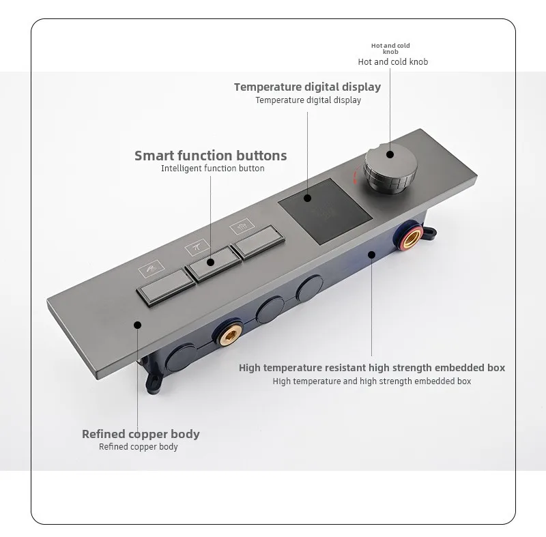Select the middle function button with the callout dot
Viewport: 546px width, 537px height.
point(210,261)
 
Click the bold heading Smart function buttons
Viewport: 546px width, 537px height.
point(210,156)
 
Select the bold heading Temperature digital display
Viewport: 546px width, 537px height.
point(307,87)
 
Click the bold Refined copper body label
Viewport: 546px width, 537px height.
point(141,434)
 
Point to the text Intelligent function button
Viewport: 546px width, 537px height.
point(212,169)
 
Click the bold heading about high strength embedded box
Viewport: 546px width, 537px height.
point(372,368)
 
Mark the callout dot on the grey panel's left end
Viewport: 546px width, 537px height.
point(137,325)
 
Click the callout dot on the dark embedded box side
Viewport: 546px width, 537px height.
point(371,255)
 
